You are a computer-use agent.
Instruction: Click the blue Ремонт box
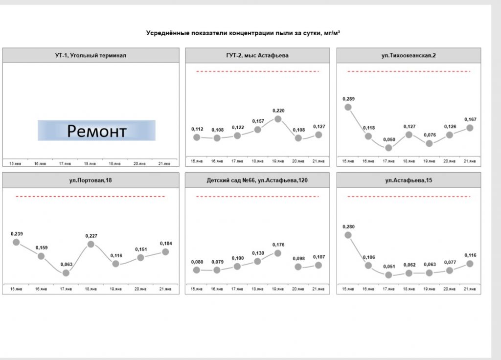click(x=96, y=131)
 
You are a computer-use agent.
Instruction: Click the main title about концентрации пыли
click(x=243, y=33)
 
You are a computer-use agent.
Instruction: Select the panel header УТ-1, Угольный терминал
click(x=91, y=56)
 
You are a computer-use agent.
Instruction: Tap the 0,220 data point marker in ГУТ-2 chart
click(x=278, y=119)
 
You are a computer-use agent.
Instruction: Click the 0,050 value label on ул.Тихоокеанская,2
click(x=388, y=139)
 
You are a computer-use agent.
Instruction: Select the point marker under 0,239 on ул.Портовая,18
click(x=16, y=242)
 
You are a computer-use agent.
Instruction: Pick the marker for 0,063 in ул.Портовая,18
click(x=66, y=273)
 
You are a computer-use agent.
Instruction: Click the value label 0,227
click(x=91, y=236)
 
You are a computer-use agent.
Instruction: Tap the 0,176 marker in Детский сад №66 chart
click(x=278, y=253)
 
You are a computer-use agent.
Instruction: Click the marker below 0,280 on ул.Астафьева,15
click(x=348, y=235)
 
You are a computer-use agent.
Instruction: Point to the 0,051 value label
click(x=388, y=267)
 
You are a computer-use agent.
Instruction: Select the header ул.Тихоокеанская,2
click(x=409, y=56)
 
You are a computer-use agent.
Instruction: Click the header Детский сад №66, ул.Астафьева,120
click(x=257, y=181)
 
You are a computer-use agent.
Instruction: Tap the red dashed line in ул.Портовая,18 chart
click(x=91, y=197)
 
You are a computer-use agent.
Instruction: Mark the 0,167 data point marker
click(x=470, y=128)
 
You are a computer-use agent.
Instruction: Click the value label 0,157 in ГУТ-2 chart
click(x=258, y=121)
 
